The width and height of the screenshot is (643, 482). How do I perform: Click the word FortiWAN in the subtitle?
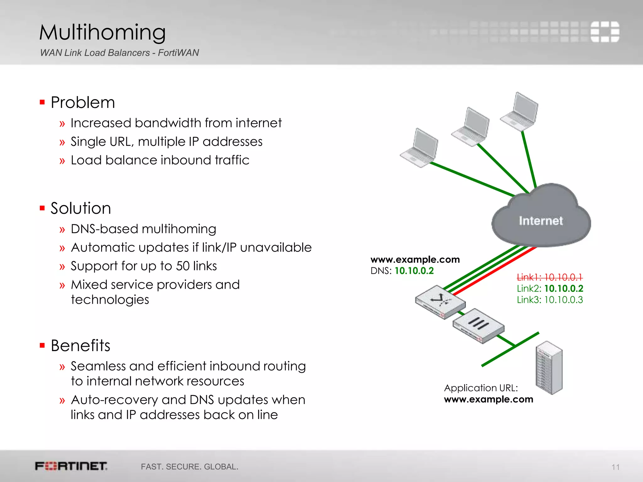178,53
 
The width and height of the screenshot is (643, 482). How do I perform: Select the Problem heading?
83,102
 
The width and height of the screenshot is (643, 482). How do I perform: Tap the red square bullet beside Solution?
42,208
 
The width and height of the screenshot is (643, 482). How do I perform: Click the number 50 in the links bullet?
182,266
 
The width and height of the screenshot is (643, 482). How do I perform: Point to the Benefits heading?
81,345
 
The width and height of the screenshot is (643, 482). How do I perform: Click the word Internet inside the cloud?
541,221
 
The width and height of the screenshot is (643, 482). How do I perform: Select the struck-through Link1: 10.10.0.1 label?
549,277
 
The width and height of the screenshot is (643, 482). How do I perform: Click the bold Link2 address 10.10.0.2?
564,288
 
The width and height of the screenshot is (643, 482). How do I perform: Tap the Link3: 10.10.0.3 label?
550,300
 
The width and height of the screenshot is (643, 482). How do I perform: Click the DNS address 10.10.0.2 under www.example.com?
414,270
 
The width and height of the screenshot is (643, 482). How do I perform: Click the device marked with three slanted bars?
478,326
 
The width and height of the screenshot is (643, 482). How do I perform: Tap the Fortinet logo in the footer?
71,466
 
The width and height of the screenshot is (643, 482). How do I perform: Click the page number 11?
615,467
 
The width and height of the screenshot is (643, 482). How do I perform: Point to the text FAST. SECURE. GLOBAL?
189,467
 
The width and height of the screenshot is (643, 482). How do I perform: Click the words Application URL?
481,388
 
